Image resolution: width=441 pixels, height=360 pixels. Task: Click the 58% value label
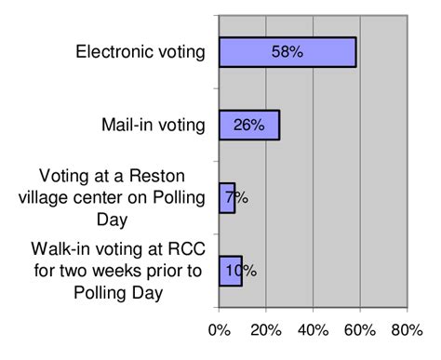tap(287, 52)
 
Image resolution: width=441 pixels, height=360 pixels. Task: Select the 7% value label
tap(235, 197)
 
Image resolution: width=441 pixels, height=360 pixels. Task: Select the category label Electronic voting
tap(140, 51)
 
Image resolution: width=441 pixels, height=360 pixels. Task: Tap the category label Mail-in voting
tap(153, 125)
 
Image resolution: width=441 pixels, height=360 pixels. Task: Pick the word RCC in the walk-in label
tap(186, 249)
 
